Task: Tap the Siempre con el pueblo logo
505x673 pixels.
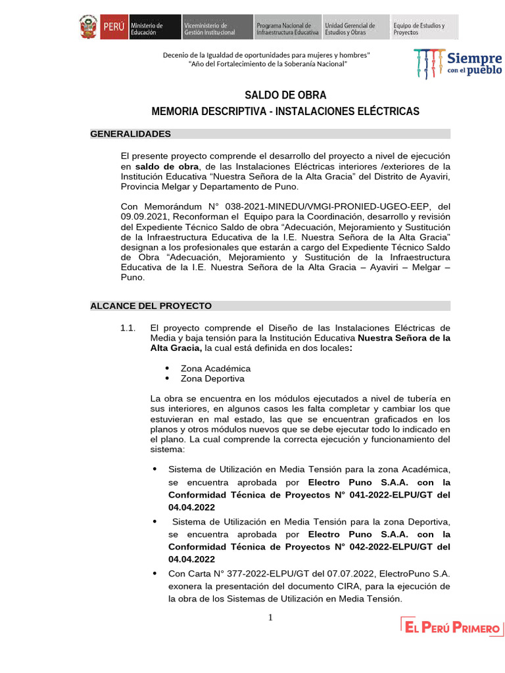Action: tap(459, 62)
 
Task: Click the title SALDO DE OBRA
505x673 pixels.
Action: tap(285, 95)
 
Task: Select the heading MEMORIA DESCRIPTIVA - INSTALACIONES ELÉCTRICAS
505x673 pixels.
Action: tap(285, 112)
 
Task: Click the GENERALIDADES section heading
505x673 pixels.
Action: tap(130, 134)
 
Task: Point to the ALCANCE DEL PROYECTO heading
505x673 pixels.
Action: tap(151, 306)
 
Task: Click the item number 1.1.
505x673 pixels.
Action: tap(128, 327)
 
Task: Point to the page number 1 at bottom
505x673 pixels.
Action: tap(270, 617)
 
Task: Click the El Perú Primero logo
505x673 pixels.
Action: tap(452, 628)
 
